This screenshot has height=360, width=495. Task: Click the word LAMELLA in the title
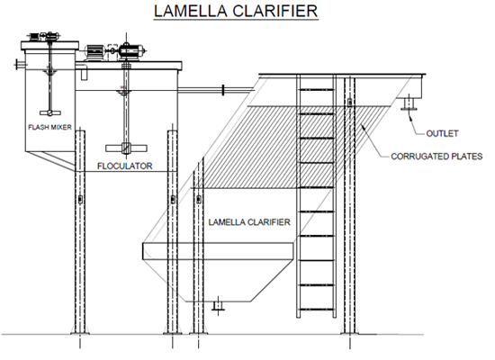(191, 11)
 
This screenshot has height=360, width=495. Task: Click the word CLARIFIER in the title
(275, 11)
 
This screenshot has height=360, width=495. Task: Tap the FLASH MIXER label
(49, 127)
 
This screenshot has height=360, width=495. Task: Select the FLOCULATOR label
(125, 166)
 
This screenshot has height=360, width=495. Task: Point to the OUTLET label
(442, 133)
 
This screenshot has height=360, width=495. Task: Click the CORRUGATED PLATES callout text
(436, 157)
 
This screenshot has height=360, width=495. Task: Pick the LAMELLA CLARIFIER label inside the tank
(249, 222)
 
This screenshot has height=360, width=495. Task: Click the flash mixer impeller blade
(50, 112)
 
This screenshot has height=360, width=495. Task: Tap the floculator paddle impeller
(126, 148)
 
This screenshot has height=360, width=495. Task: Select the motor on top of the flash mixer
(43, 37)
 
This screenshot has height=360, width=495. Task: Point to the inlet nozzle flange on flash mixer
(16, 65)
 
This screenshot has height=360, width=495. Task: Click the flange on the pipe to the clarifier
(223, 90)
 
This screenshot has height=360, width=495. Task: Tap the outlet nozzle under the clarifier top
(409, 104)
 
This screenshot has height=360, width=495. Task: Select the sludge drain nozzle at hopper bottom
(218, 306)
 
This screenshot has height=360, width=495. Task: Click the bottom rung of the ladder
(316, 310)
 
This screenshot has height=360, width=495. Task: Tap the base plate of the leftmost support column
(80, 332)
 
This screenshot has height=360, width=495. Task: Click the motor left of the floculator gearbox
(94, 52)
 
